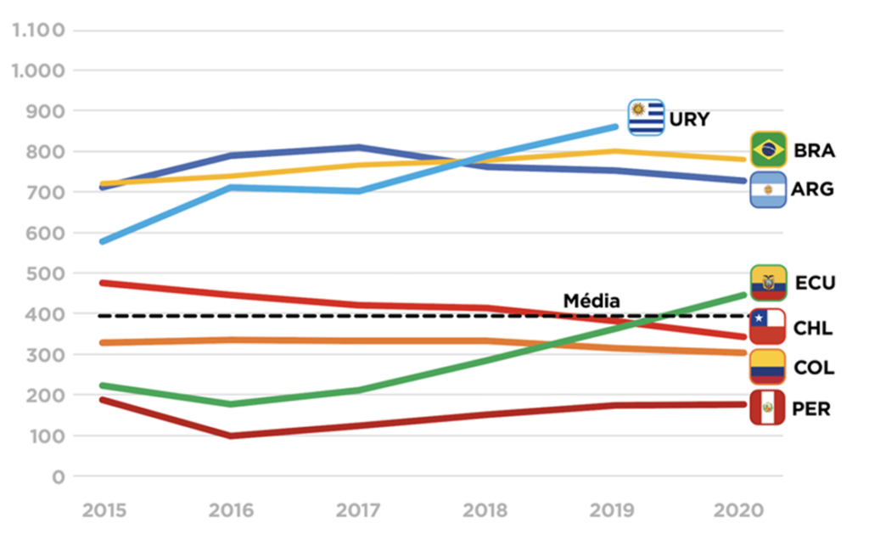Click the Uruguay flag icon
pyautogui.click(x=646, y=118)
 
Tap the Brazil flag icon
pyautogui.click(x=768, y=149)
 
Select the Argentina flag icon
pyautogui.click(x=768, y=189)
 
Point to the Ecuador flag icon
pyautogui.click(x=768, y=283)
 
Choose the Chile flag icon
pyautogui.click(x=768, y=327)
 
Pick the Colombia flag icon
pyautogui.click(x=768, y=367)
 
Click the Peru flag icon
pyautogui.click(x=768, y=408)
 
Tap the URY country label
pyautogui.click(x=688, y=119)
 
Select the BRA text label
pyautogui.click(x=814, y=151)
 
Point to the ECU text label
pyautogui.click(x=815, y=283)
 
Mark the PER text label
pyautogui.click(x=811, y=408)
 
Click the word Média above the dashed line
pyautogui.click(x=591, y=301)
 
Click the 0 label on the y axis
pyautogui.click(x=59, y=476)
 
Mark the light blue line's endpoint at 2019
pyautogui.click(x=615, y=127)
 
